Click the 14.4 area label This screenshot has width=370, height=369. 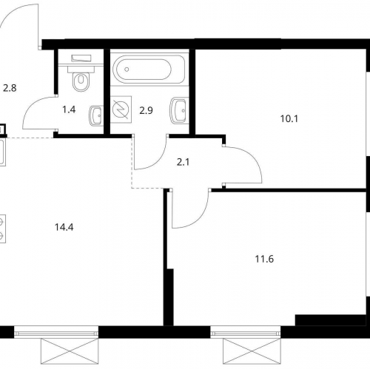click(x=64, y=227)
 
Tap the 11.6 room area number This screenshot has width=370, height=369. click(x=264, y=259)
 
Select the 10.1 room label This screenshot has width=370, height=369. click(x=289, y=119)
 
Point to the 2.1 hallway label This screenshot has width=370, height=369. click(x=183, y=163)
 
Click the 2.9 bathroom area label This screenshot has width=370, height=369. click(x=146, y=110)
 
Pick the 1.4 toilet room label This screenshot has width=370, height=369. click(x=69, y=109)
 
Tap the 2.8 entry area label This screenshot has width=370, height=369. click(x=10, y=88)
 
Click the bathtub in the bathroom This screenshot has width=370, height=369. click(x=149, y=70)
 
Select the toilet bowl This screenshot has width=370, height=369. click(x=81, y=78)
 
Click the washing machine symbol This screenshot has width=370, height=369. click(x=121, y=109)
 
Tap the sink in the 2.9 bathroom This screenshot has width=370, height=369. click(x=178, y=110)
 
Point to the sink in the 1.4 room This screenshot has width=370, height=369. click(x=95, y=116)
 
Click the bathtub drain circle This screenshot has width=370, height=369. click(x=127, y=70)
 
